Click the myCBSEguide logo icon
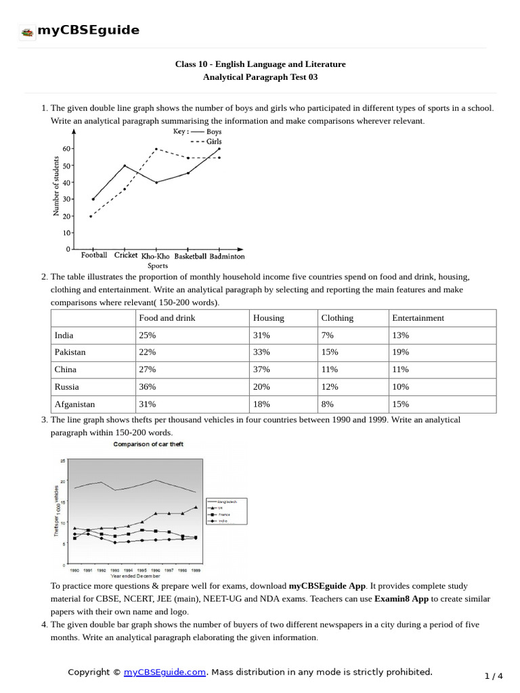coord(27,31)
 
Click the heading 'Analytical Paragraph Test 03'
coord(260,77)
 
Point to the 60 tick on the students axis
coord(66,148)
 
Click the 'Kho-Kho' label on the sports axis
coord(155,256)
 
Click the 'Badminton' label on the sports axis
coord(227,256)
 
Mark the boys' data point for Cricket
coord(124,165)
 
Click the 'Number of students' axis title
coord(56,185)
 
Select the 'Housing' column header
coord(268,317)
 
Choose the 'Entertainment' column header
coord(418,317)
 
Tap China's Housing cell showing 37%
coord(261,370)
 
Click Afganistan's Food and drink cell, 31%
coord(148,404)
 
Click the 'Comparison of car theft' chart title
coord(148,444)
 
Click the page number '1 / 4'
coord(494,676)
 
